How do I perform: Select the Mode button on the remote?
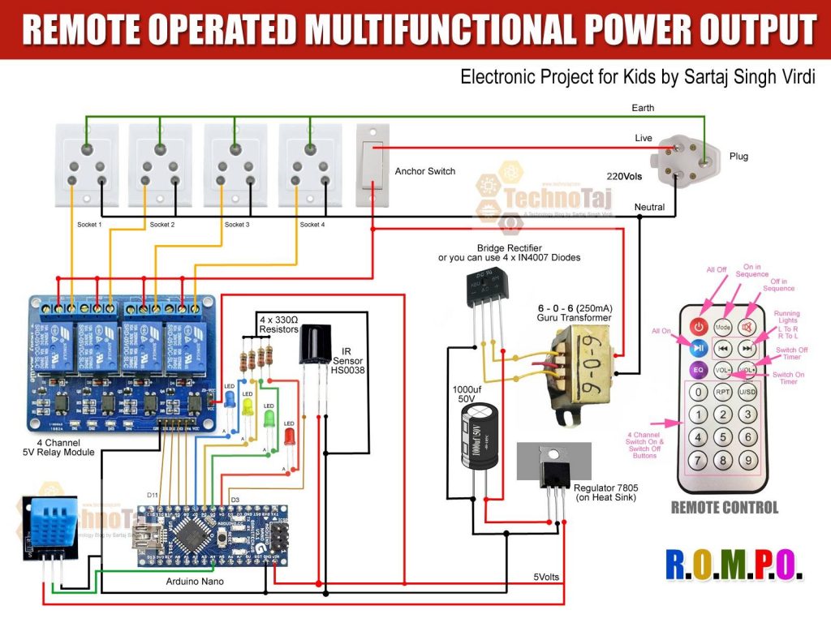[723, 326]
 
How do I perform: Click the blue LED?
[230, 398]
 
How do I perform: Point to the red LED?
[290, 436]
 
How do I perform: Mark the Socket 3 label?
[236, 225]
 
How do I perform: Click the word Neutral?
[649, 208]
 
